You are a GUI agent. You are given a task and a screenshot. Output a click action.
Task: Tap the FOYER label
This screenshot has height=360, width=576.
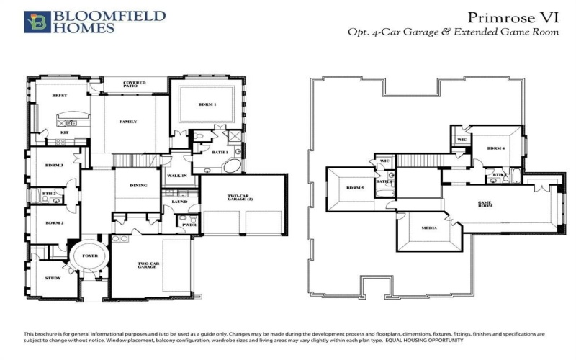91,256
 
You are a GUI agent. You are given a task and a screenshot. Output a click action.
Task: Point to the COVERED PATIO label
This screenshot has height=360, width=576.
135,84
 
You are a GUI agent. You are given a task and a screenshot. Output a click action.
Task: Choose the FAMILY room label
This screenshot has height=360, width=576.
127,122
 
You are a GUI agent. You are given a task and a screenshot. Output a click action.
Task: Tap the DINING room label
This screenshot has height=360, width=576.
138,185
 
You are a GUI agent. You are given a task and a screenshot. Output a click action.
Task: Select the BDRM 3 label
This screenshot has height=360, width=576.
55,166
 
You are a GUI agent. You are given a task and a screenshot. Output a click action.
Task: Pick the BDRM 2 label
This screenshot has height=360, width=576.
55,223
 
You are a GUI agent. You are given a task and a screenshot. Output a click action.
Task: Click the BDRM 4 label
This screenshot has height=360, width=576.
496,148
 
